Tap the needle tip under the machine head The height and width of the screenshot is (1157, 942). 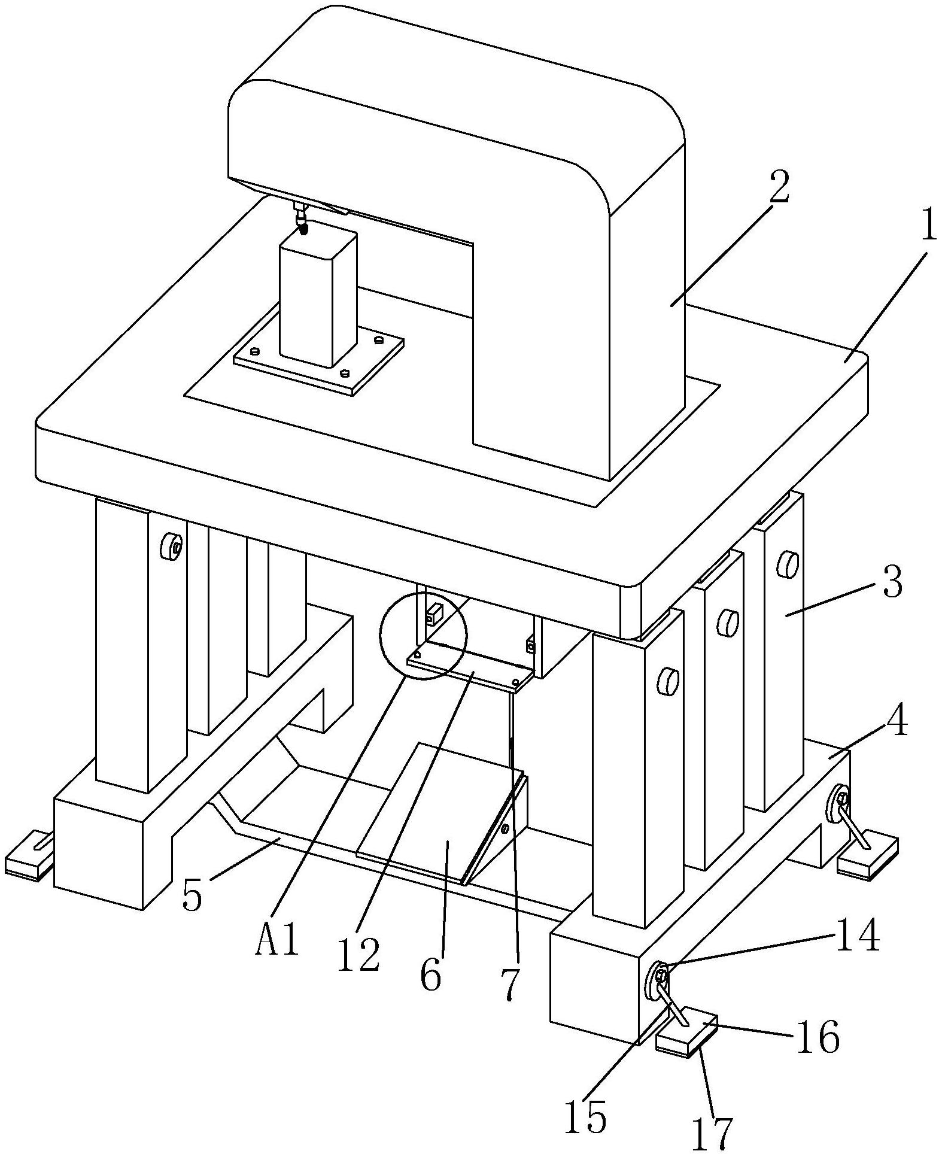(x=303, y=230)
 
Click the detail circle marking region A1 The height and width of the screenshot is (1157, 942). (x=423, y=635)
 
